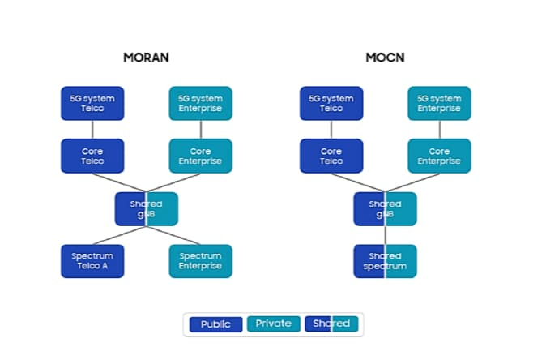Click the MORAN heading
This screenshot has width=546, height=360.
click(x=146, y=58)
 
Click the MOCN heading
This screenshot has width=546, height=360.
click(x=385, y=58)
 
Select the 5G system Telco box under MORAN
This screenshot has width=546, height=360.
click(x=92, y=103)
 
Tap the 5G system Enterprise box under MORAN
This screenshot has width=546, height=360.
click(x=200, y=103)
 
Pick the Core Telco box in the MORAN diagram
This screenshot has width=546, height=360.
click(x=92, y=156)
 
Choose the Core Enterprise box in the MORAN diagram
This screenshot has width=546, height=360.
click(x=200, y=156)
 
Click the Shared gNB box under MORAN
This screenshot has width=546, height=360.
click(x=146, y=208)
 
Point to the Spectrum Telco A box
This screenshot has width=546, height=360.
click(x=92, y=261)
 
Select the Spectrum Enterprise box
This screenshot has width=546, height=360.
click(x=200, y=261)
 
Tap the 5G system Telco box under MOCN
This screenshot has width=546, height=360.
click(x=331, y=103)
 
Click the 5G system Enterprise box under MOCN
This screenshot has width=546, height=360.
click(x=439, y=103)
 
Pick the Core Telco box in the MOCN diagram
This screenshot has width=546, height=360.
click(x=331, y=156)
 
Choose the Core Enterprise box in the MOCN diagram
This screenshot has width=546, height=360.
click(x=439, y=156)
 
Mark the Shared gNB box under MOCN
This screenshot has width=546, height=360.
click(x=385, y=208)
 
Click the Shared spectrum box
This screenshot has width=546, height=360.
click(x=385, y=261)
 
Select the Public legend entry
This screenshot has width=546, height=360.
click(x=215, y=324)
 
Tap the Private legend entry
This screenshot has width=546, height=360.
click(x=273, y=324)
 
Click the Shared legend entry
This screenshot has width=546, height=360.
click(x=331, y=324)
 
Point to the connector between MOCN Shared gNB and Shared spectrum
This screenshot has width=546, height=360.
click(x=385, y=235)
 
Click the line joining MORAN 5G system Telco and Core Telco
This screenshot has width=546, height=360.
click(x=92, y=130)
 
